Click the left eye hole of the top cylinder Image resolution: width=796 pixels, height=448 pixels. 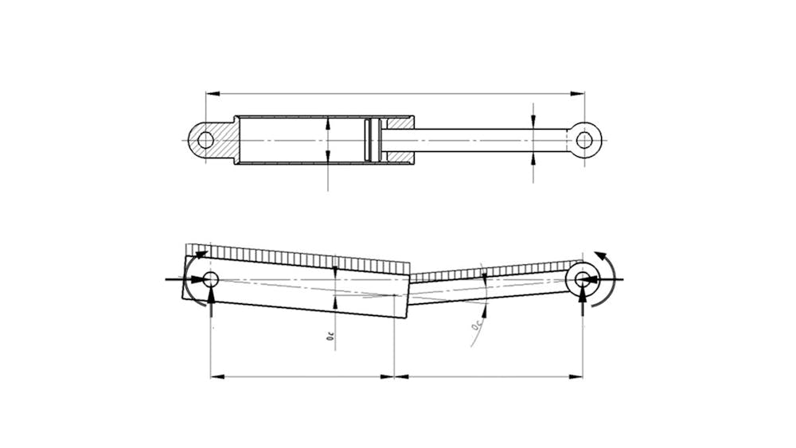click(206, 141)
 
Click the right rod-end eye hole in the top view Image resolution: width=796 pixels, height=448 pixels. click(584, 141)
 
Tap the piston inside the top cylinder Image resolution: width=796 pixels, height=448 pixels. click(368, 141)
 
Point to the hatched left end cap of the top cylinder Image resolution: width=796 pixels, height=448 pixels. click(229, 141)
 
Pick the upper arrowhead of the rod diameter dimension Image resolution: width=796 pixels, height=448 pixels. click(533, 124)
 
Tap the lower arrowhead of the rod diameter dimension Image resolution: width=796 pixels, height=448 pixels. click(533, 157)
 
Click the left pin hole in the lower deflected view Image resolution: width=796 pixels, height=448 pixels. click(210, 279)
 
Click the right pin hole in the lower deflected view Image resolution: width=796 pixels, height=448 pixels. click(583, 279)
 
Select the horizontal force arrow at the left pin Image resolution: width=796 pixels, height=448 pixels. click(179, 279)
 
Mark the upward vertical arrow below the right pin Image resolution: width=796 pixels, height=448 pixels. click(583, 298)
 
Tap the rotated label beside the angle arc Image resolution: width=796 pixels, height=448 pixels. click(475, 325)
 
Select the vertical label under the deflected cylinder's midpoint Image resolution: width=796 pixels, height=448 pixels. click(329, 337)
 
